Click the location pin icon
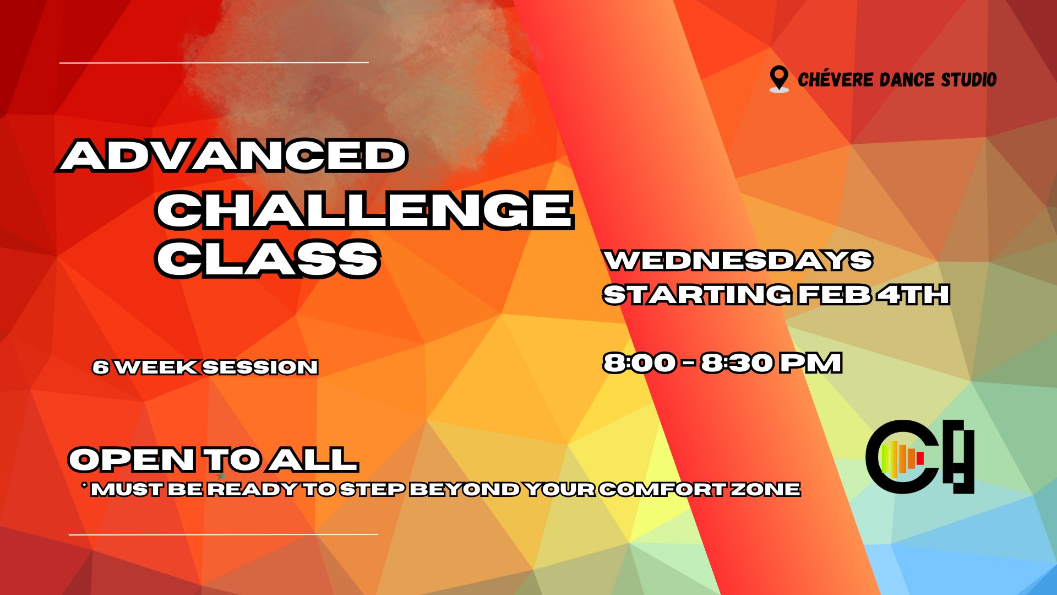pos(779,79)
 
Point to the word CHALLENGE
pos(364,209)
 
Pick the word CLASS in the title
pos(268,258)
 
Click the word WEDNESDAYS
pos(738,260)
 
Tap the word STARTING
pos(697,295)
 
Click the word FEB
pos(835,295)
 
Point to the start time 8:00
pos(639,363)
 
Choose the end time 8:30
pos(737,363)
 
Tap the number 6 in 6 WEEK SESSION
pos(101,367)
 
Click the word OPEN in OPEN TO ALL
pos(132,459)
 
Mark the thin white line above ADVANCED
pos(214,63)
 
